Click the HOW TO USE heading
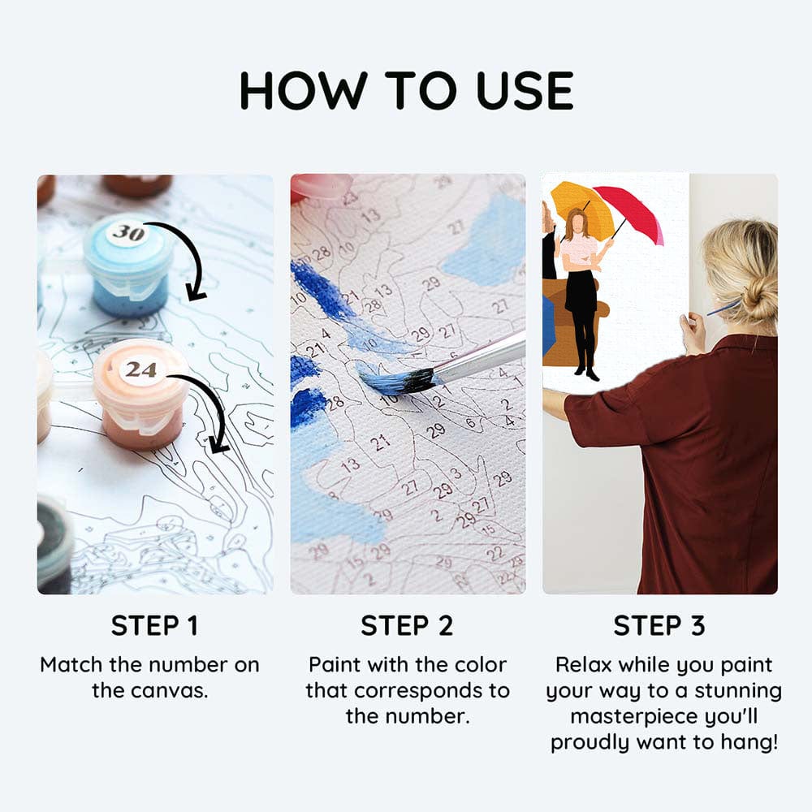pos(406,90)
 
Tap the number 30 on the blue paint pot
pos(127,233)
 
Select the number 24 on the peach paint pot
pos(140,369)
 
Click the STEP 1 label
pos(154,626)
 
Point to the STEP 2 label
pos(407,626)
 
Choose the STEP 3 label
pos(659,626)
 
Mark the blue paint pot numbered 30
pos(128,264)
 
